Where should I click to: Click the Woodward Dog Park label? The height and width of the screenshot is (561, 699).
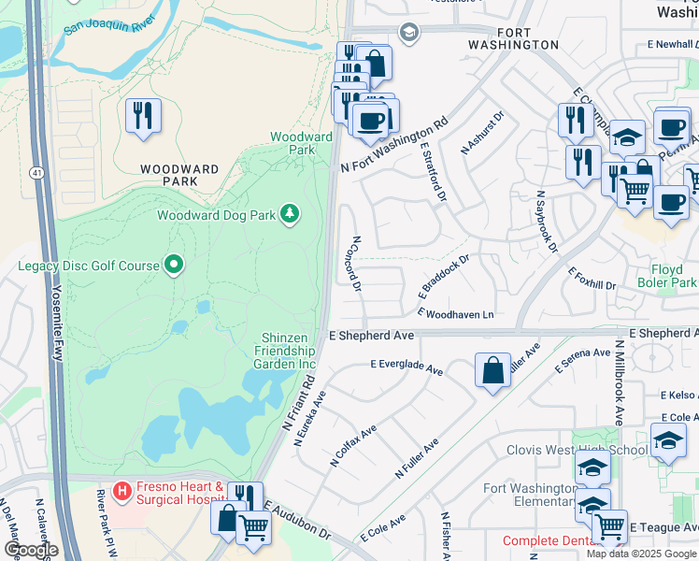(216, 215)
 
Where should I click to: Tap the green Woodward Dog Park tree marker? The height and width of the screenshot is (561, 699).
(291, 214)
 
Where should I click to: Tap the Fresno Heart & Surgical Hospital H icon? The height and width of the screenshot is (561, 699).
(121, 490)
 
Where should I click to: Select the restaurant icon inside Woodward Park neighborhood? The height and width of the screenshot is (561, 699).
(143, 115)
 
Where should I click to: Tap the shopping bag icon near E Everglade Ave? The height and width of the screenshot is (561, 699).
(492, 370)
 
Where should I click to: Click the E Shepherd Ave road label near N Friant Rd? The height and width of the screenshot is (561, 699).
(371, 335)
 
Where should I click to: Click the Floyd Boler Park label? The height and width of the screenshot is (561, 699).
(667, 275)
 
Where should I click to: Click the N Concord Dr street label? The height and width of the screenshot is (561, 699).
(356, 263)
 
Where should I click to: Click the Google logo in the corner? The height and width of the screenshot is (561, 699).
(31, 550)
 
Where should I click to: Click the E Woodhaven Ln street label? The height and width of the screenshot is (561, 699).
(455, 314)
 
